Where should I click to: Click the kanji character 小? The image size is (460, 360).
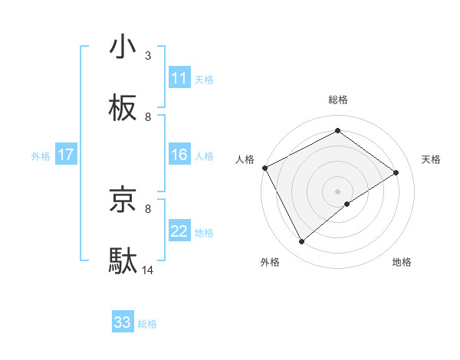[x=123, y=47]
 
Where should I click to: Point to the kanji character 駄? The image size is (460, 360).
[x=123, y=261]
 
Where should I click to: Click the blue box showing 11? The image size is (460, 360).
[x=179, y=78]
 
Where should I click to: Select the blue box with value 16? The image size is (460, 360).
[x=179, y=155]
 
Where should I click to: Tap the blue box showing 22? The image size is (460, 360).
[x=179, y=232]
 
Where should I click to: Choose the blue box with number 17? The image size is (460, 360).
[x=66, y=155]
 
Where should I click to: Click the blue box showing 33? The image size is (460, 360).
[x=123, y=322]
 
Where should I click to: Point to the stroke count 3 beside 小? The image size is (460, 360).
[x=148, y=56]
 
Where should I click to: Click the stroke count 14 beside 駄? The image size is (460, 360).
[x=148, y=270]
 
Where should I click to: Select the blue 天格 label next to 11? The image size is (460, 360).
[x=203, y=79]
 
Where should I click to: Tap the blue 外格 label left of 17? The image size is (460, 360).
[x=41, y=156]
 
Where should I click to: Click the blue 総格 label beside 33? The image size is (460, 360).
[x=147, y=323]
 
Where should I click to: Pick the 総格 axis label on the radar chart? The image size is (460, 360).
[x=337, y=100]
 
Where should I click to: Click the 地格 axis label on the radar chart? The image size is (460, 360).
[x=402, y=262]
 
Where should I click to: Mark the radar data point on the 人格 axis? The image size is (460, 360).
[x=264, y=168]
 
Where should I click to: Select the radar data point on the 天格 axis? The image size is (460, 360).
[x=396, y=172]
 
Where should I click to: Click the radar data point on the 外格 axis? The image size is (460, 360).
[x=301, y=242]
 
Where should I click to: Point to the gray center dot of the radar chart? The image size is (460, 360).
[x=337, y=191]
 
